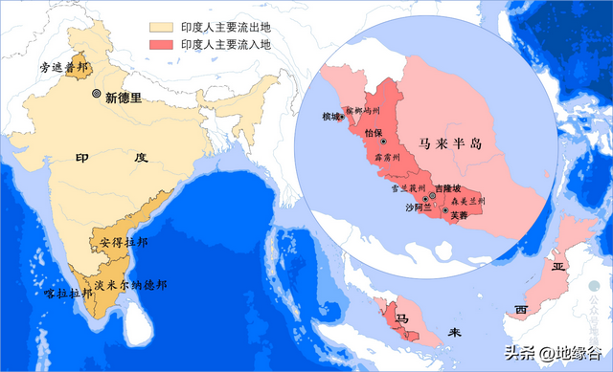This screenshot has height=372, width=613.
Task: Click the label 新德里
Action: coord(124,97)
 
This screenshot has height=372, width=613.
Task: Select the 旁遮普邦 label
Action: coord(63,68)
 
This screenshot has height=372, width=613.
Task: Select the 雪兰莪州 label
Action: coord(395,190)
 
